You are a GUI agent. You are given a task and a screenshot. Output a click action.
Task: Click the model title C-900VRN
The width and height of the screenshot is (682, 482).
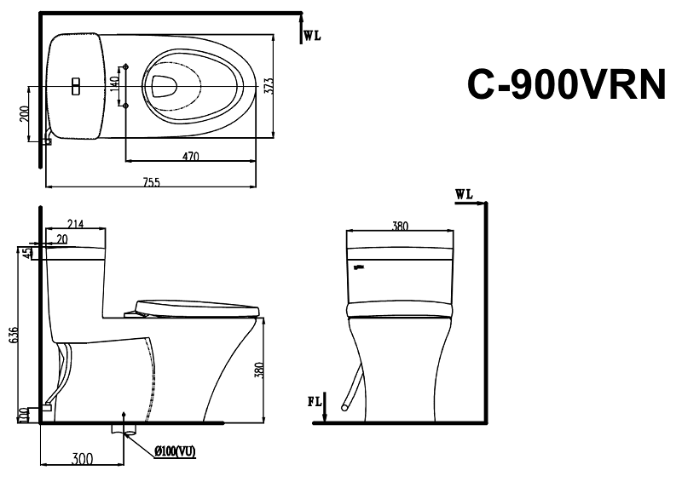click(x=565, y=84)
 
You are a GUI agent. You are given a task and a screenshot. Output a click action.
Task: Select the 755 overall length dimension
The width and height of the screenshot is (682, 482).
click(x=151, y=181)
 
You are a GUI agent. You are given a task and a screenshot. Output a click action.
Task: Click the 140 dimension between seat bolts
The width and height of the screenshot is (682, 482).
click(x=115, y=85)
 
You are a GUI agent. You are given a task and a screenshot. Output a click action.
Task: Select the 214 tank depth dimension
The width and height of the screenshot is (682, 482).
click(x=74, y=224)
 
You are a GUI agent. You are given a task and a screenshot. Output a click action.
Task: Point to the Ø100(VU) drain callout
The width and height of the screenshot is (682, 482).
click(x=176, y=451)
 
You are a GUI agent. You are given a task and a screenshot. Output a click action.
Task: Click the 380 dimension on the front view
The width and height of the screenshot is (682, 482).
click(x=399, y=227)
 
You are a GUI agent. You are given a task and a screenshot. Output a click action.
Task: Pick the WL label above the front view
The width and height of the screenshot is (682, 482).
click(x=464, y=194)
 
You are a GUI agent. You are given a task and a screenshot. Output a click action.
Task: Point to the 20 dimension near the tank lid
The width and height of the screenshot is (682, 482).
click(x=62, y=238)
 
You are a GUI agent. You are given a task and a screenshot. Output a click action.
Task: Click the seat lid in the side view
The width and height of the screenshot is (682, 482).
click(x=196, y=306)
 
